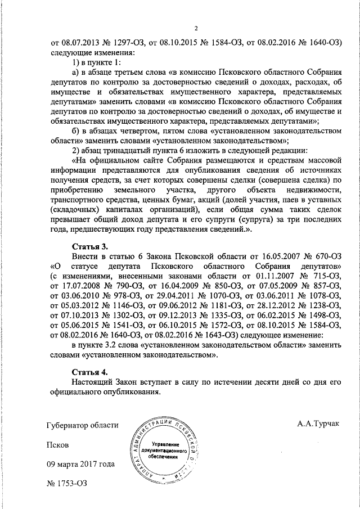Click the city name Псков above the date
[57, 444]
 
